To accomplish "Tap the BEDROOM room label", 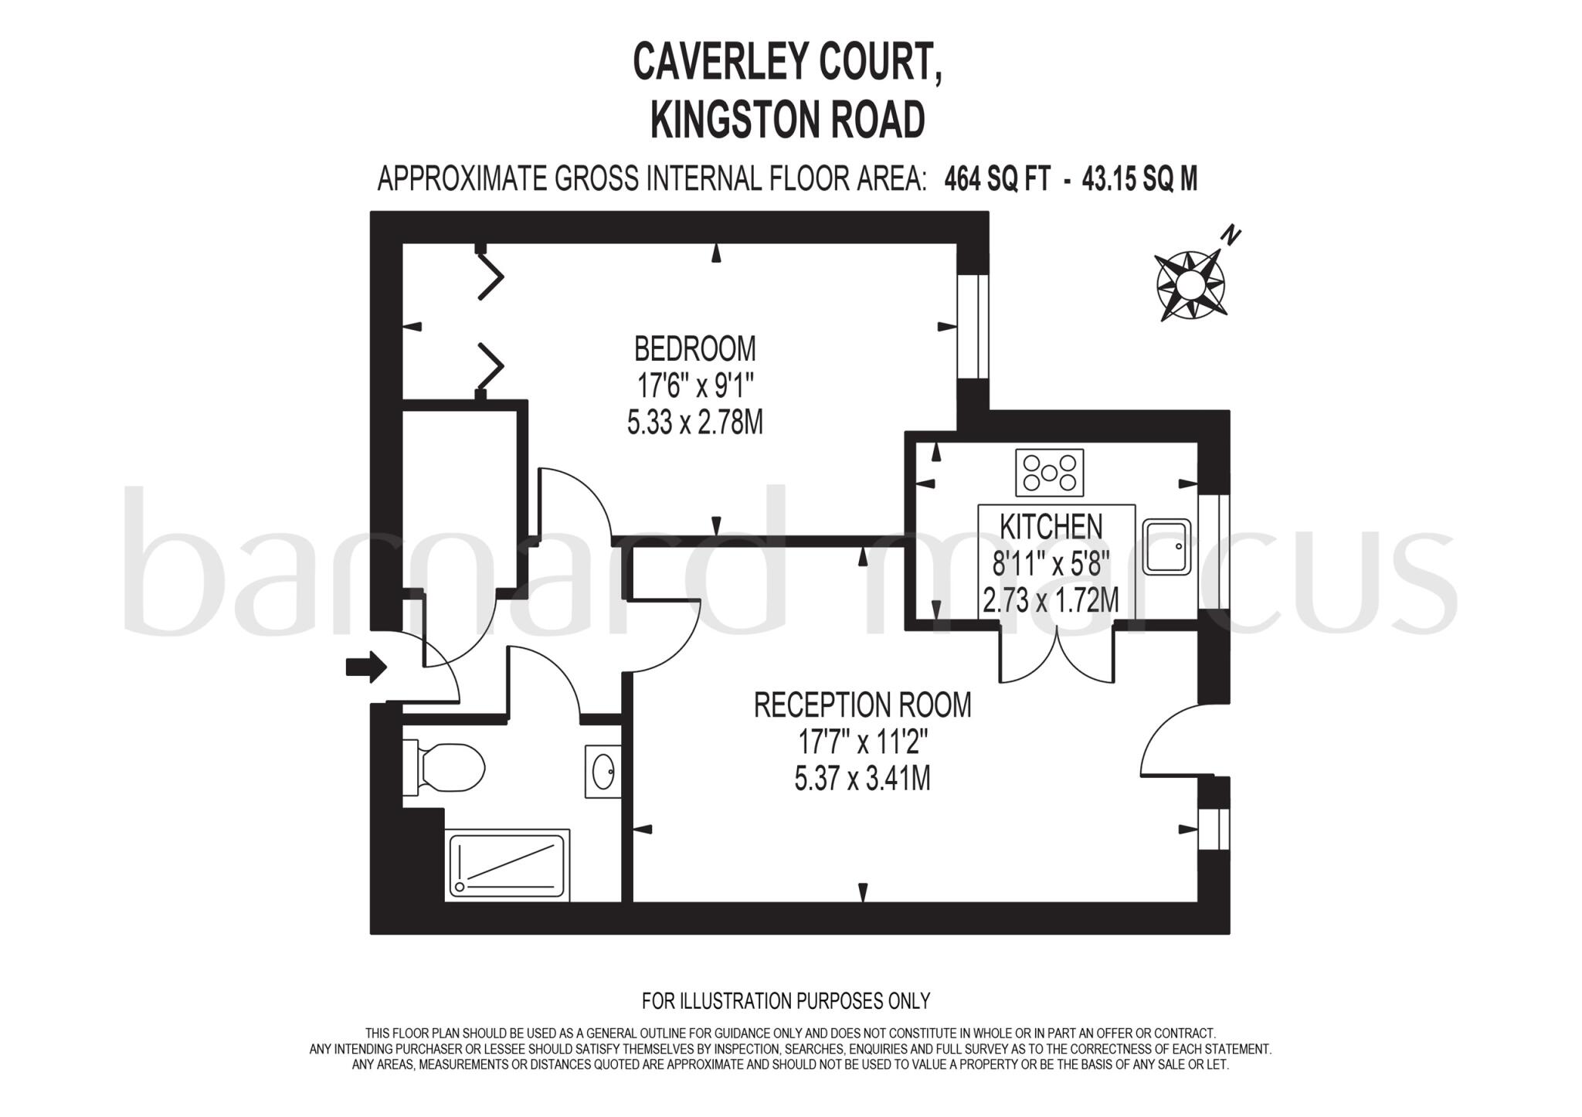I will pos(694,349).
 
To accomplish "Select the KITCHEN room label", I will pos(1051,527).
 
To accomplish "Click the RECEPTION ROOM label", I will pos(862,705).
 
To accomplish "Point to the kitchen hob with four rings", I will pos(1049,473).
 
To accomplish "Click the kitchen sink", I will pos(1166,547).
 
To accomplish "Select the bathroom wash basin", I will pos(603,770).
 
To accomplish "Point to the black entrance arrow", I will pos(366,666).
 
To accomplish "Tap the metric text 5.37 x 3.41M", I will pos(862,779).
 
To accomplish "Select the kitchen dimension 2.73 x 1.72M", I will pos(1051,600).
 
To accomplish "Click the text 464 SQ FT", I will pos(997,180).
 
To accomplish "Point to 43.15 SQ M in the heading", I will pos(1139,180).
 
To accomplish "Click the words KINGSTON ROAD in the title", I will pos(787,121).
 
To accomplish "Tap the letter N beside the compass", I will pos(1231,235).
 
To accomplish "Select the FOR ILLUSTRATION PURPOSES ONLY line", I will pos(786,1001).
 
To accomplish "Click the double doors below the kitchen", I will pos(1057,657).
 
